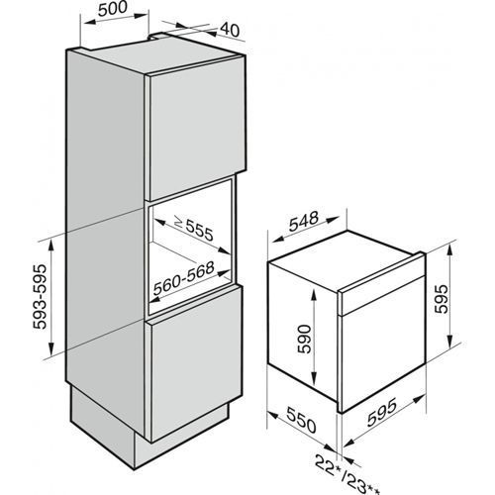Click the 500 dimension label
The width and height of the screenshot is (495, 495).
113,9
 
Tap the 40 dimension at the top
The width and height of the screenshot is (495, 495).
230,30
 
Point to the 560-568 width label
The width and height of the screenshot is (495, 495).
184,278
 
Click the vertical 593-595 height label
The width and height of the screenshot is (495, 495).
41,296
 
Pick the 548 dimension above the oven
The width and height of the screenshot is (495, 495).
304,221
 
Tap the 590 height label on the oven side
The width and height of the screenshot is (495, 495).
304,339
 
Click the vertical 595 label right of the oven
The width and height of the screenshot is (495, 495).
442,299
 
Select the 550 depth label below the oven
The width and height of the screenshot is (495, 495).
301,420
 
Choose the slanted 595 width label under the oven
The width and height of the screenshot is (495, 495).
381,412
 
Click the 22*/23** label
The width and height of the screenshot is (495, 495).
347,475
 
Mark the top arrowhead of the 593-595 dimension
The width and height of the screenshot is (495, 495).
51,245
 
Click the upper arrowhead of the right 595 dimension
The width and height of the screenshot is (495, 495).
449,249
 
